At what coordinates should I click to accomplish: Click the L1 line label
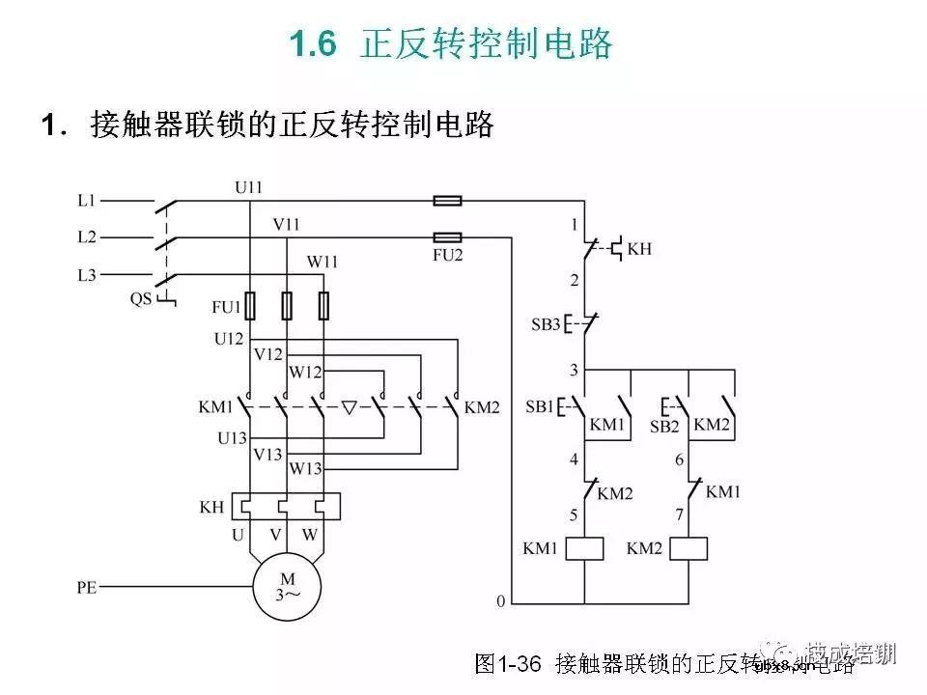pyautogui.click(x=87, y=201)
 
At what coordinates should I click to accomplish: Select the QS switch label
pyautogui.click(x=141, y=298)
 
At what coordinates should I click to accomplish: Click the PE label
pyautogui.click(x=87, y=586)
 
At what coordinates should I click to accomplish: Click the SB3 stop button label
pyautogui.click(x=546, y=323)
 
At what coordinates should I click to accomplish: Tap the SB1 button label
pyautogui.click(x=541, y=406)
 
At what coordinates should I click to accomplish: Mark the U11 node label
pyautogui.click(x=249, y=186)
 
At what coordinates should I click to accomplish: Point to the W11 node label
pyautogui.click(x=323, y=262)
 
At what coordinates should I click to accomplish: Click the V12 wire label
pyautogui.click(x=267, y=354)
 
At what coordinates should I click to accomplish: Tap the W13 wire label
pyautogui.click(x=305, y=469)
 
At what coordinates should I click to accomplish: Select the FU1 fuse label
pyautogui.click(x=225, y=307)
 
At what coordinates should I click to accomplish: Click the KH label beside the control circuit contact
pyautogui.click(x=639, y=249)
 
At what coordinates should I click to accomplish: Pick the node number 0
pyautogui.click(x=500, y=601)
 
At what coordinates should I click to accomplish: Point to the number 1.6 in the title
pyautogui.click(x=313, y=44)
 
